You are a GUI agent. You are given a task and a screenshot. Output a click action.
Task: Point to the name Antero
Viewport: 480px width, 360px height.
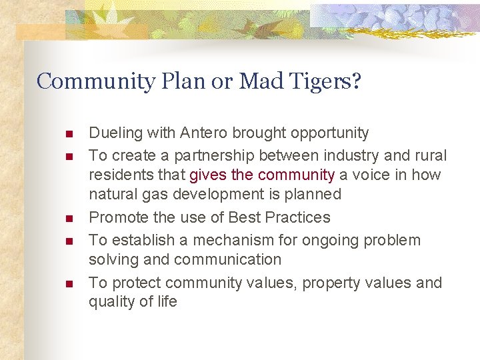tap(203, 133)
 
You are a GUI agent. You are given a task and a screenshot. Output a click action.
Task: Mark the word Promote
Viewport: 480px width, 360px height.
tap(116, 217)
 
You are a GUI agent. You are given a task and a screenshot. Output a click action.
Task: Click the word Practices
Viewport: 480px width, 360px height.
tap(298, 217)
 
